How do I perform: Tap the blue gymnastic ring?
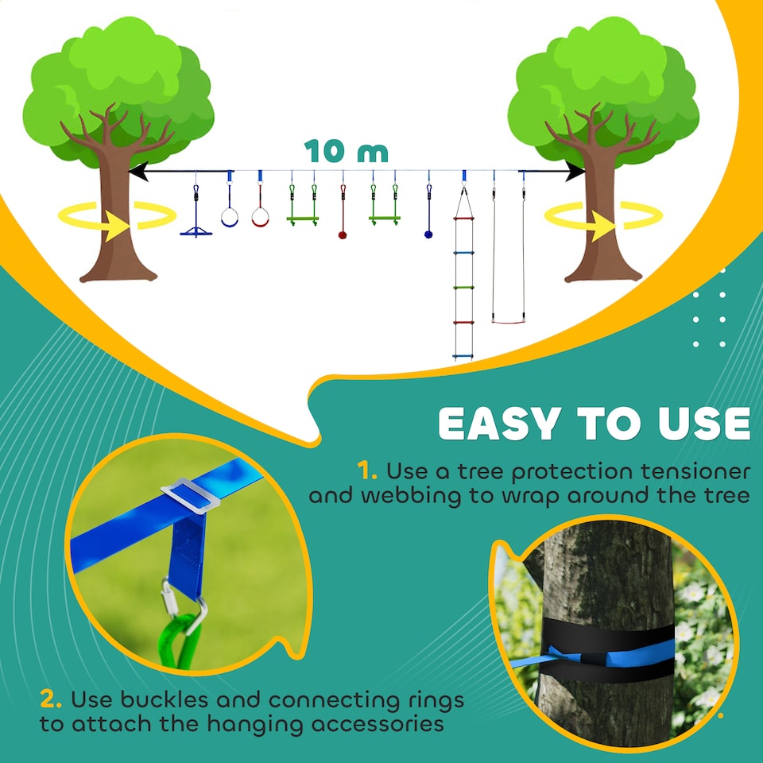click(x=229, y=217)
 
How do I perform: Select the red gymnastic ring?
click(x=260, y=216)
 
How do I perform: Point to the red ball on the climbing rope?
click(x=343, y=234)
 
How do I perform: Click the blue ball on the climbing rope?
click(x=428, y=234)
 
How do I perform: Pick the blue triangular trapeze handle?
click(x=196, y=231)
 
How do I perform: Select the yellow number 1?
click(x=366, y=471)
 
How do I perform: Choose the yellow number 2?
click(x=51, y=700)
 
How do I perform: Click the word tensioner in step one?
click(x=696, y=471)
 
